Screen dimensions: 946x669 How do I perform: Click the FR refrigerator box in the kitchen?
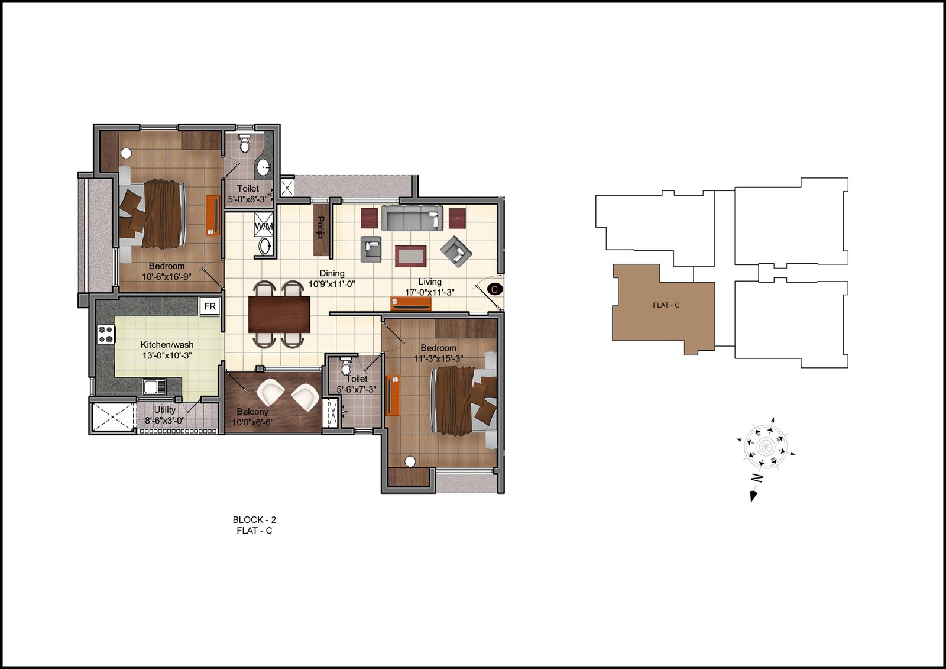210,306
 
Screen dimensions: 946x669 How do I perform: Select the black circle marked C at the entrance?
494,289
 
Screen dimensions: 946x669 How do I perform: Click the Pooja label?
320,227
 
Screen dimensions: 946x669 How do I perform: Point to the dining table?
279,315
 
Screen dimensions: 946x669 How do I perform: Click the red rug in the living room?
410,256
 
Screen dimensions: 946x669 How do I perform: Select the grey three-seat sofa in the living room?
412,218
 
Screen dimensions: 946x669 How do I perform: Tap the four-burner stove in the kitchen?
106,334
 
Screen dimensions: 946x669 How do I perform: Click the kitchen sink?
154,387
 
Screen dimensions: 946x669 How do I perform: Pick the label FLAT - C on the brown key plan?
666,305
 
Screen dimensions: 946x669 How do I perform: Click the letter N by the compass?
757,479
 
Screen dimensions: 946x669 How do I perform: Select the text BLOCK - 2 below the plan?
254,520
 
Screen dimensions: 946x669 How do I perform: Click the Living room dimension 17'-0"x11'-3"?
429,292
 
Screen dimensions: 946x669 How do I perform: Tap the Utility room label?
165,410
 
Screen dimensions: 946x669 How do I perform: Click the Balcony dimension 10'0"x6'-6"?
252,422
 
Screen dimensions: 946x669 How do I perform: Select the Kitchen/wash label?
167,345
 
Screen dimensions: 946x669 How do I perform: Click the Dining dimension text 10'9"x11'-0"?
332,284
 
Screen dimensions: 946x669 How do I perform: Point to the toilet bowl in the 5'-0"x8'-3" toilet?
245,144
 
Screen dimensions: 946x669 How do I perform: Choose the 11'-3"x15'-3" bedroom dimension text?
438,359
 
